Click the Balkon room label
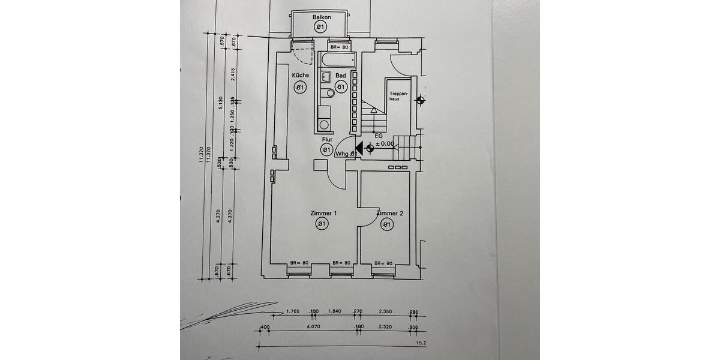pos(322,17)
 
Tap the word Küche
pos(301,76)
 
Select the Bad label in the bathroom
pos(340,76)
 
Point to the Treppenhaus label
pos(398,96)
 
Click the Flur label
pos(326,139)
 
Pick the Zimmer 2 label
pos(389,214)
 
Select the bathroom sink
pos(325,77)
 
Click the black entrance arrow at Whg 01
pos(359,148)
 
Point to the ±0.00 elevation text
pos(385,144)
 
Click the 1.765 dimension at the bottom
pos(293,311)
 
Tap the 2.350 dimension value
pos(385,311)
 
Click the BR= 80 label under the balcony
pos(338,47)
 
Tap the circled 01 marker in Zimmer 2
pos(386,225)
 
